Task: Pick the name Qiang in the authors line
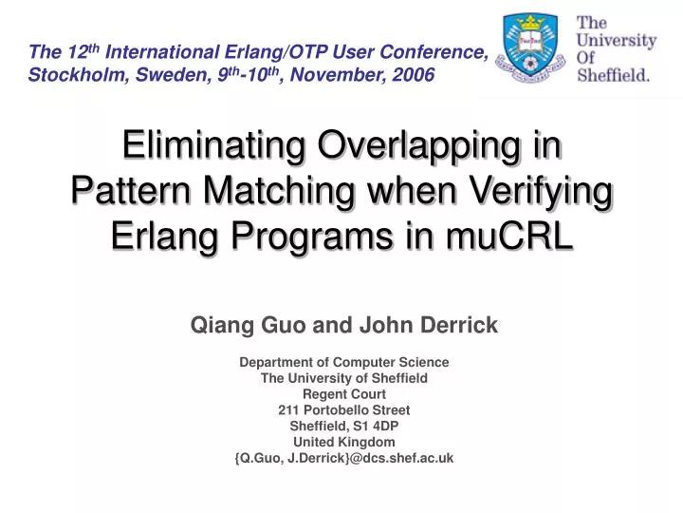pyautogui.click(x=217, y=326)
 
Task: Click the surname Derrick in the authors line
pyautogui.click(x=463, y=326)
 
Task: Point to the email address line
pyautogui.click(x=343, y=458)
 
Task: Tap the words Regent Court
pyautogui.click(x=343, y=393)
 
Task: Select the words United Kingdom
pyautogui.click(x=343, y=442)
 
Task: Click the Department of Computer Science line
pyautogui.click(x=343, y=362)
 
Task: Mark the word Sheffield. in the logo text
pyautogui.click(x=614, y=77)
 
